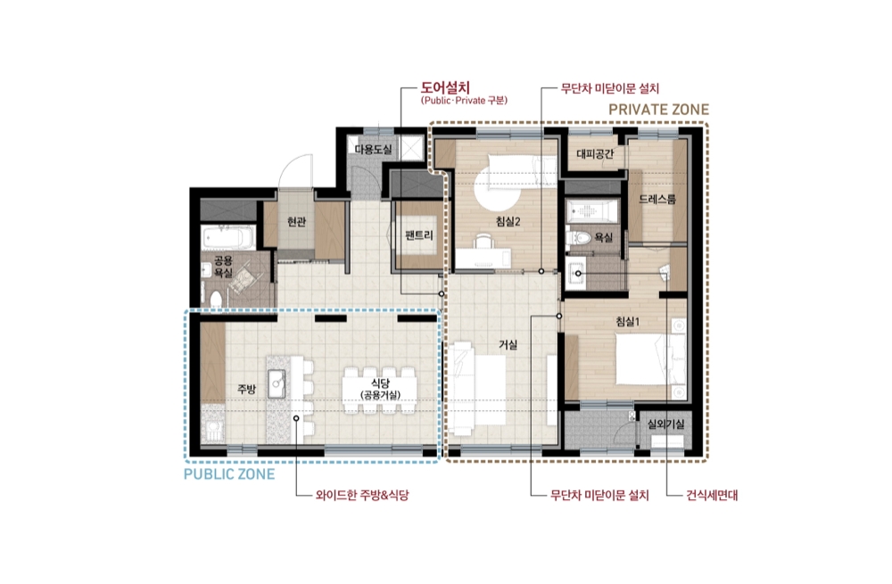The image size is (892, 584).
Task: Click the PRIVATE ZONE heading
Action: click(659, 109)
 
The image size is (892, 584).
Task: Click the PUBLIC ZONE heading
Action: click(229, 473)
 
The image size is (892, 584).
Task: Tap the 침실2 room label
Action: click(508, 221)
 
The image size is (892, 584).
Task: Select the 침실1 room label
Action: click(628, 321)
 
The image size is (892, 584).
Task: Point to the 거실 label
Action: click(508, 344)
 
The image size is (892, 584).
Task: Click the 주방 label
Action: click(246, 389)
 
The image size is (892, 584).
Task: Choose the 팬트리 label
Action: click(419, 234)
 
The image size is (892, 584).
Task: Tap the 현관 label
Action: click(296, 221)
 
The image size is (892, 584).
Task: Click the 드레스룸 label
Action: click(657, 199)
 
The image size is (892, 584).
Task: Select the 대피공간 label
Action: click(595, 153)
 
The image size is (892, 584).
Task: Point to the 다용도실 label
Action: click(374, 149)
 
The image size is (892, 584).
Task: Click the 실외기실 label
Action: click(666, 424)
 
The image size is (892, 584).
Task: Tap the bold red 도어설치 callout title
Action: click(445, 88)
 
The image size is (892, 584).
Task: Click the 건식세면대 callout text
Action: click(712, 495)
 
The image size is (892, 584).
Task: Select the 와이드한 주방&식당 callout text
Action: click(362, 495)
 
